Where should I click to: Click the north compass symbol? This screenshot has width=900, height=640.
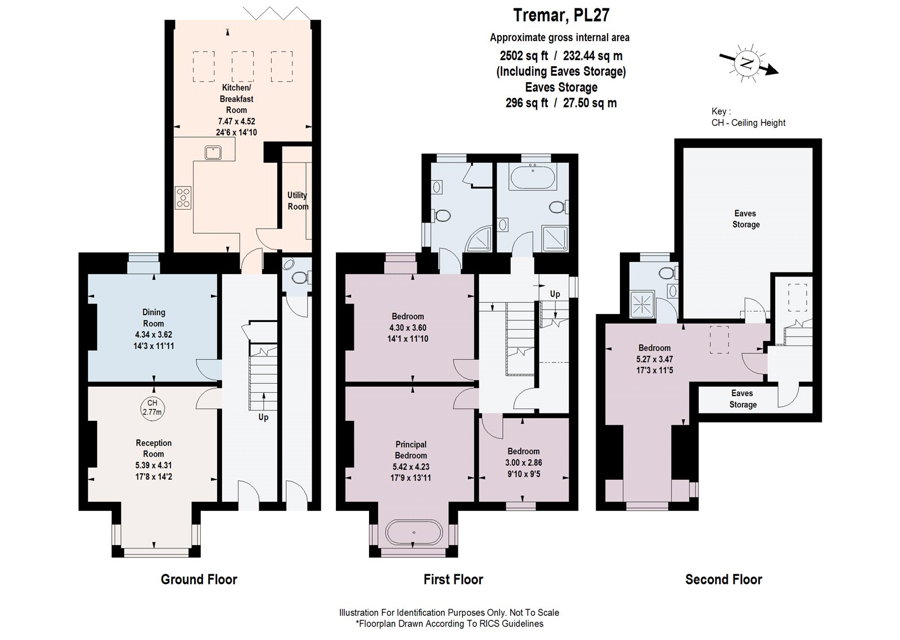(746, 62)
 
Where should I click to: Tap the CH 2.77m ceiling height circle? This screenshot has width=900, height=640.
(152, 407)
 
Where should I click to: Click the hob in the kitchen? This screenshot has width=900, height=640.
(183, 198)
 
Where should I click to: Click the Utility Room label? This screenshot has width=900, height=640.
(298, 201)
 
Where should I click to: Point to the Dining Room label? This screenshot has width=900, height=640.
(154, 317)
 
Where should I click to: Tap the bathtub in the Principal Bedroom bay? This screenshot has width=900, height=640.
(413, 532)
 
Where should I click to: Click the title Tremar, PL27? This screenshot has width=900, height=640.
(561, 15)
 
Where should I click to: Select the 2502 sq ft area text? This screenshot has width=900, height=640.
(524, 56)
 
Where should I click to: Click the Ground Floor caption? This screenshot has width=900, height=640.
(199, 579)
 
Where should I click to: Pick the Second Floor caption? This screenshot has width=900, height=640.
(723, 579)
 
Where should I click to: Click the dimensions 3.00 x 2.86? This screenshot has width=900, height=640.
(524, 462)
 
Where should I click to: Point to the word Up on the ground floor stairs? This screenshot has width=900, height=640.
(263, 417)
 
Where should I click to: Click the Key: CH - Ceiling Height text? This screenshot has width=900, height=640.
(748, 117)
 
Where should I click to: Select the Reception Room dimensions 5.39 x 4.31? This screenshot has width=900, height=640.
(154, 465)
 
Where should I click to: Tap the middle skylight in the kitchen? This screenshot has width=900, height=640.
(242, 67)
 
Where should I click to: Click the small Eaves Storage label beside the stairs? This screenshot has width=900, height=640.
(742, 399)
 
